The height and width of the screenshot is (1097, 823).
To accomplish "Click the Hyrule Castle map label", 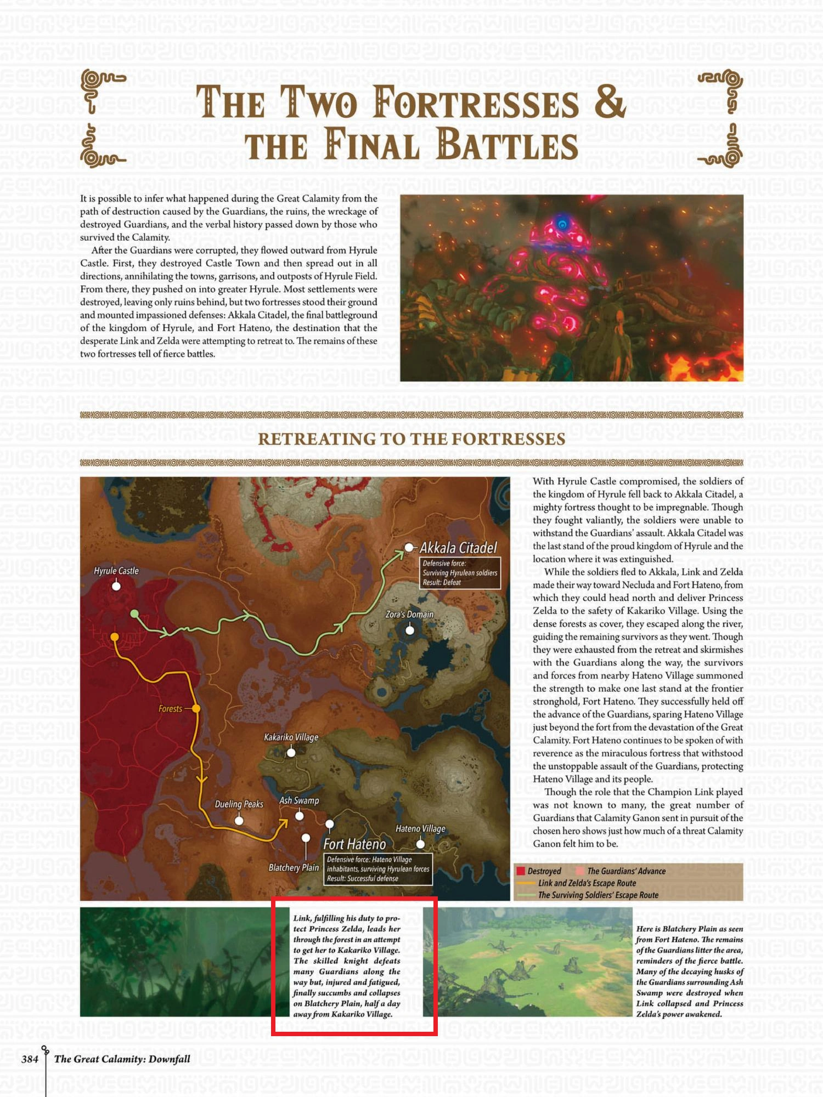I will tap(116, 571).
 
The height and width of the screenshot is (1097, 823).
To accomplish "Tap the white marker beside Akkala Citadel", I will tap(409, 547).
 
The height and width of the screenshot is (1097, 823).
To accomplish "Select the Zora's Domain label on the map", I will tap(409, 615).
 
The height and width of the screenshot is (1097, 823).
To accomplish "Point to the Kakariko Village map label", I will tap(291, 737).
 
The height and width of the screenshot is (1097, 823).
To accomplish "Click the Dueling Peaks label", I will tap(239, 804).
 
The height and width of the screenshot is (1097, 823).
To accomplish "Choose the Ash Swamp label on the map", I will tap(299, 800).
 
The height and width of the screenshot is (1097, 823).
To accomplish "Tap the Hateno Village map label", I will tap(420, 828).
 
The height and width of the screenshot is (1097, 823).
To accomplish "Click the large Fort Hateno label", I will tap(354, 844).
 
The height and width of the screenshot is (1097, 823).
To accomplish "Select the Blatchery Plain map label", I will tap(294, 867).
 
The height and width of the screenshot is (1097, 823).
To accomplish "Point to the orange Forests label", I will tap(170, 709).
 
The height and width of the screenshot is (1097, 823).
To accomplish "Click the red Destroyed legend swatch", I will tap(521, 871).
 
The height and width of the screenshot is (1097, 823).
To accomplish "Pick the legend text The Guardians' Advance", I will tap(626, 871).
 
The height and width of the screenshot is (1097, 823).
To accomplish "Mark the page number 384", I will tap(30, 1059).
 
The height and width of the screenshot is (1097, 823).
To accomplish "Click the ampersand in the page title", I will tap(609, 101).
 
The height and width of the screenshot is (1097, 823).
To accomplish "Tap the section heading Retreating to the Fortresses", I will tap(411, 439).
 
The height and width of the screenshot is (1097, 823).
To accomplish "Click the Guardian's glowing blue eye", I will tap(562, 224).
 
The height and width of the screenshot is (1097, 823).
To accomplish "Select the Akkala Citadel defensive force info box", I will tap(460, 573).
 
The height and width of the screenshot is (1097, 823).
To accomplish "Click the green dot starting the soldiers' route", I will tap(134, 614).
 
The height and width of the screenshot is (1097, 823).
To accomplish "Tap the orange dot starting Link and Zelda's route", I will tap(115, 637).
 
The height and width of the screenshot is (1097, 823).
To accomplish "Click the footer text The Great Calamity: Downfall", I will tap(122, 1059).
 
